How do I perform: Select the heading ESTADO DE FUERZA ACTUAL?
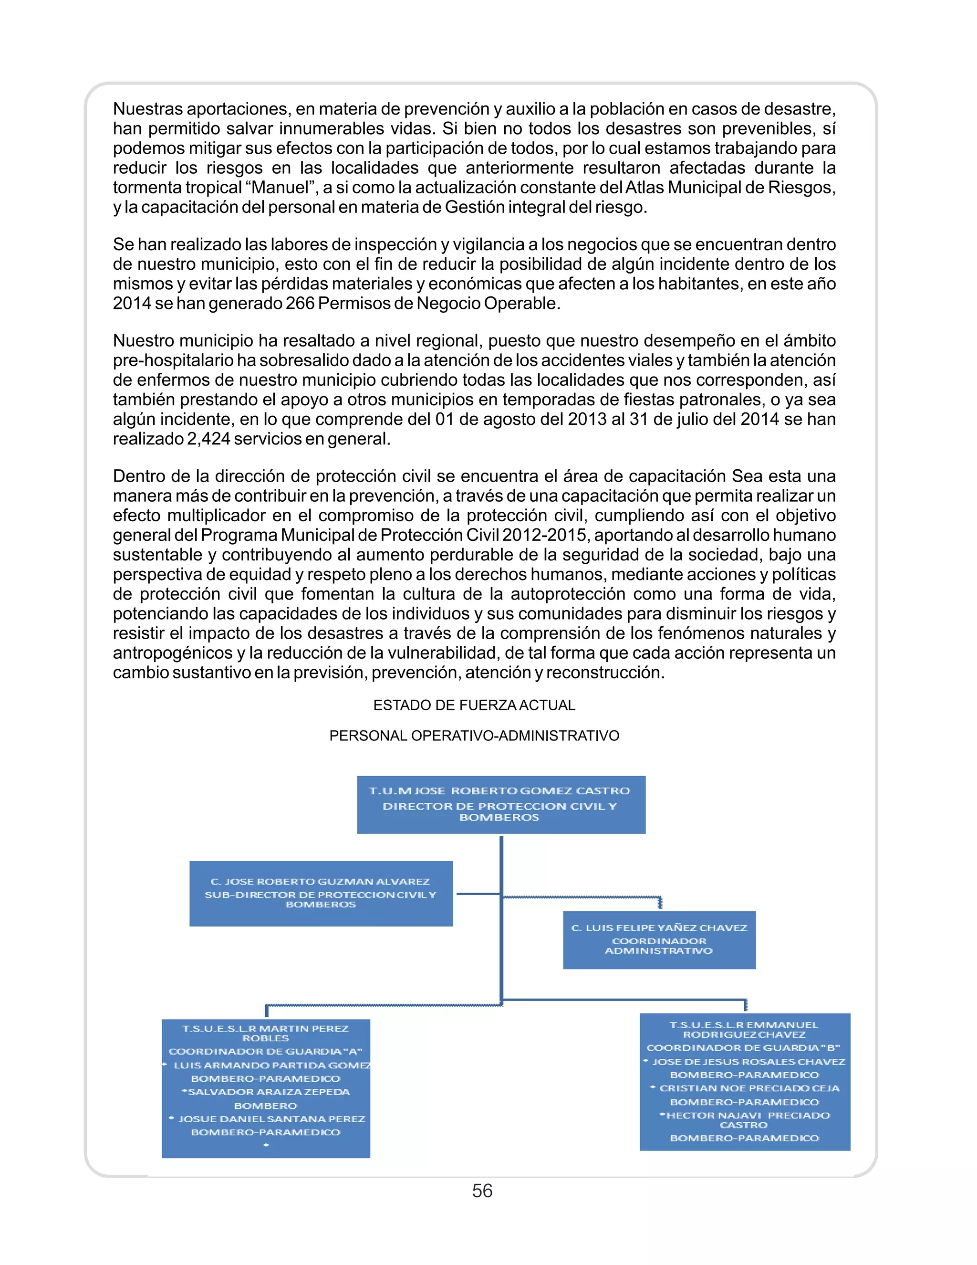474,705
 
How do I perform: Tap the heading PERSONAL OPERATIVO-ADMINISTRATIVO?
474,736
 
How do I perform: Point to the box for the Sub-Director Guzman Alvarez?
321,893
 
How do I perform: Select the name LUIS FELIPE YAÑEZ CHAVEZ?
665,928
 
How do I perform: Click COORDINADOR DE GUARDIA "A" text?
265,1051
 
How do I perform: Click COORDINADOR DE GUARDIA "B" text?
743,1047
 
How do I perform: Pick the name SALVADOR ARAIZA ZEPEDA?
269,1092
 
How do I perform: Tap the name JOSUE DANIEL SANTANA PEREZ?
271,1119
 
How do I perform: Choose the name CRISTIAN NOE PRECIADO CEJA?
749,1088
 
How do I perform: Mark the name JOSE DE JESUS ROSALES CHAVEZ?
748,1062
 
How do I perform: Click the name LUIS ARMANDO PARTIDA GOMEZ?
272,1065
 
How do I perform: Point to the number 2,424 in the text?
208,439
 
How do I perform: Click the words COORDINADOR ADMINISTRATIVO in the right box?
659,946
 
